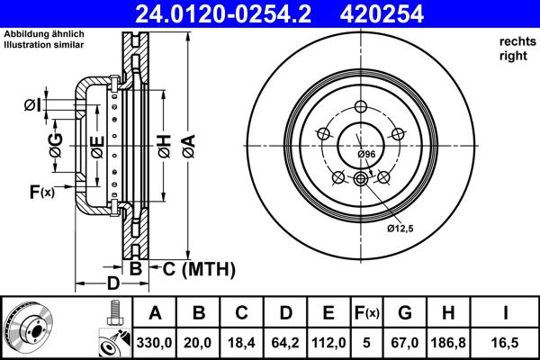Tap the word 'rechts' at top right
pos(513,42)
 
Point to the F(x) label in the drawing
pos(41,191)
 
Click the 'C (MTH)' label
pos(198,268)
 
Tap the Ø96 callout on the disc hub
pos(365,155)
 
